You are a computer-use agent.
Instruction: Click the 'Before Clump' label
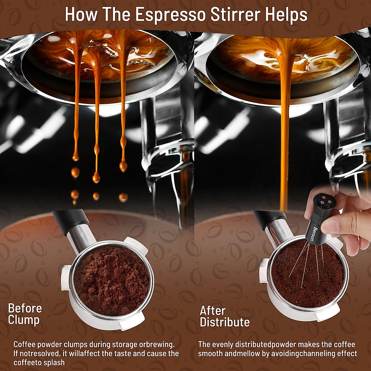click(25, 314)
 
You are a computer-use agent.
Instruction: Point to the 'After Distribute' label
click(224, 316)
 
